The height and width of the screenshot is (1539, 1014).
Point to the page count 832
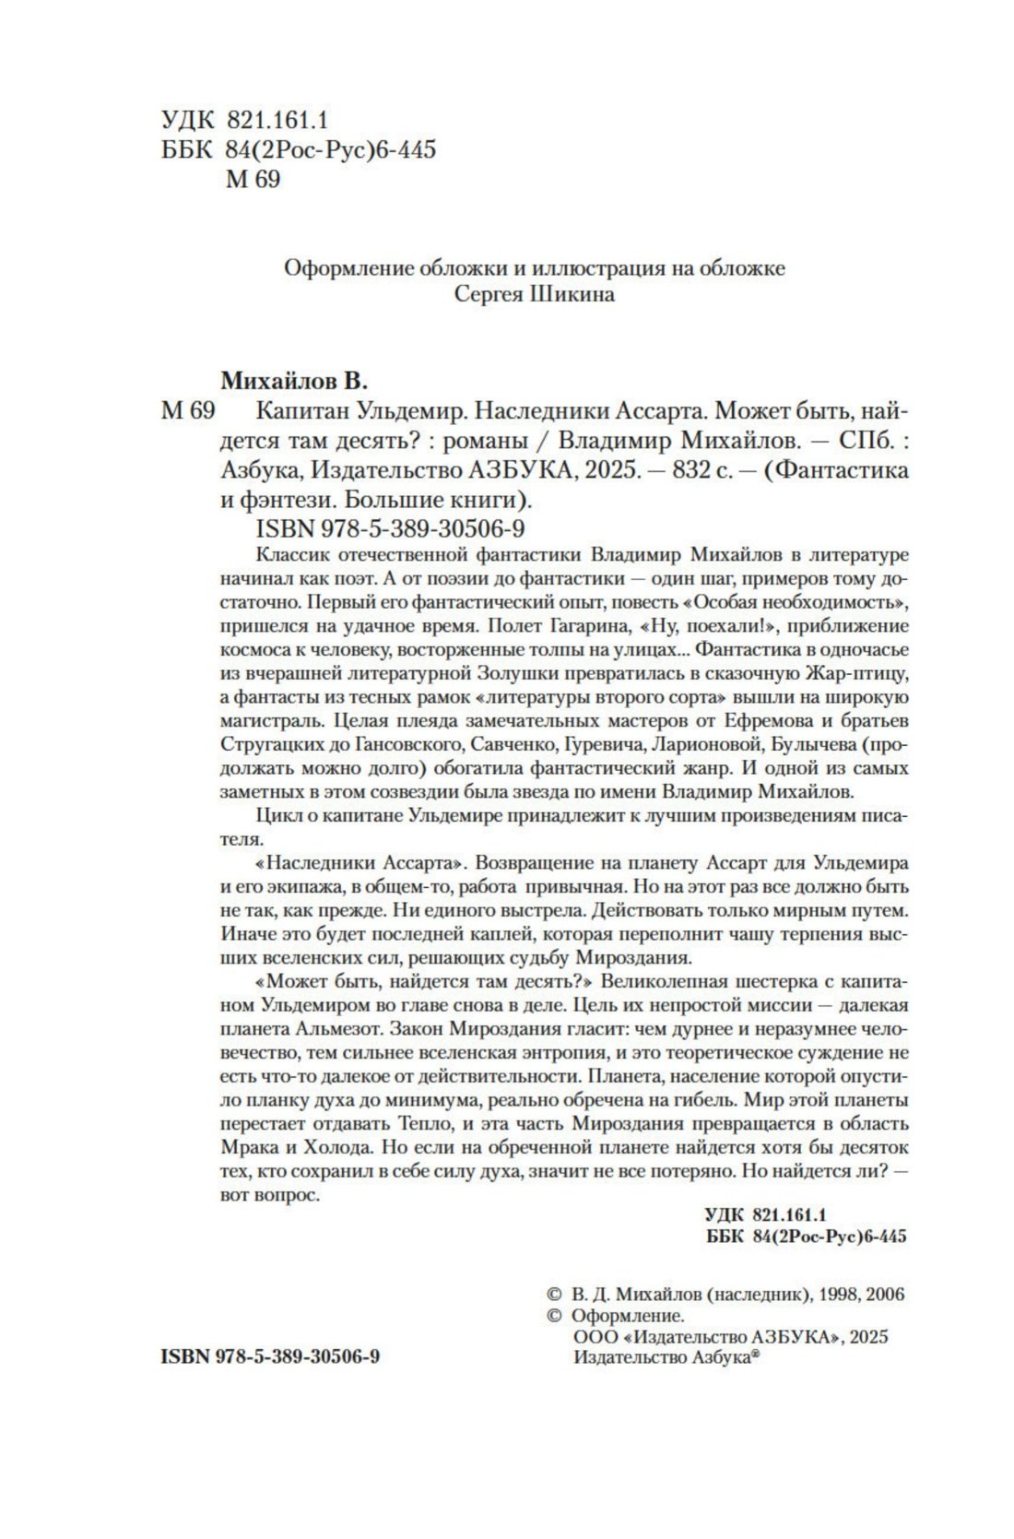(x=694, y=470)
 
